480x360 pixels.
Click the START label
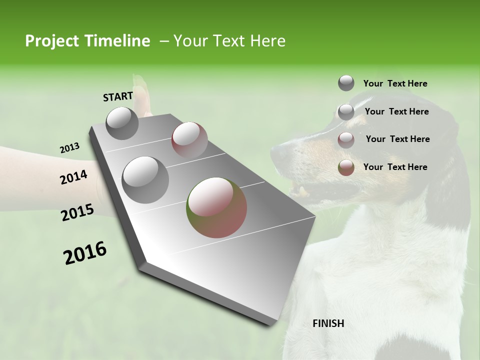(x=118, y=96)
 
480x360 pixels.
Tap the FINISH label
(x=328, y=323)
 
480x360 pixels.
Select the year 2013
(x=69, y=148)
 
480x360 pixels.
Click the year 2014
(x=74, y=177)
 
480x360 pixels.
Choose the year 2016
(x=85, y=252)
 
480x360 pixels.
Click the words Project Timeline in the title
(x=87, y=41)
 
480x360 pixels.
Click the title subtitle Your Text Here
(x=229, y=41)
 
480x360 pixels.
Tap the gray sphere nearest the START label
(x=122, y=123)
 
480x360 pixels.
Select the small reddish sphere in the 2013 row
(x=189, y=140)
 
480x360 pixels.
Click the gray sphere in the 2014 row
(x=145, y=179)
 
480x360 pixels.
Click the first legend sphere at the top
(x=346, y=83)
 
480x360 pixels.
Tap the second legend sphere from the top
(x=346, y=112)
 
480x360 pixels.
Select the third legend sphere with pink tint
(x=346, y=140)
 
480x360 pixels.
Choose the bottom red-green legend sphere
(x=346, y=167)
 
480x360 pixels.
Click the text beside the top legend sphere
(x=395, y=83)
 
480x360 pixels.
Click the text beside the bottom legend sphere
(x=395, y=167)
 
